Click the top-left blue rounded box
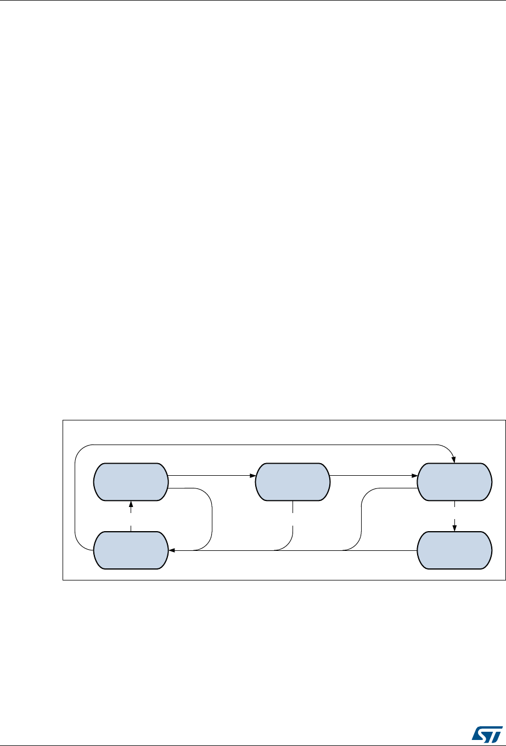point(131,482)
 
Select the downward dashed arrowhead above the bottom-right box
point(454,528)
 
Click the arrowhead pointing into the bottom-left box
point(171,550)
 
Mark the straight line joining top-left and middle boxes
point(209,476)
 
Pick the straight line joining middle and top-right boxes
point(370,476)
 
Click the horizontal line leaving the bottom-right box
point(384,550)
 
